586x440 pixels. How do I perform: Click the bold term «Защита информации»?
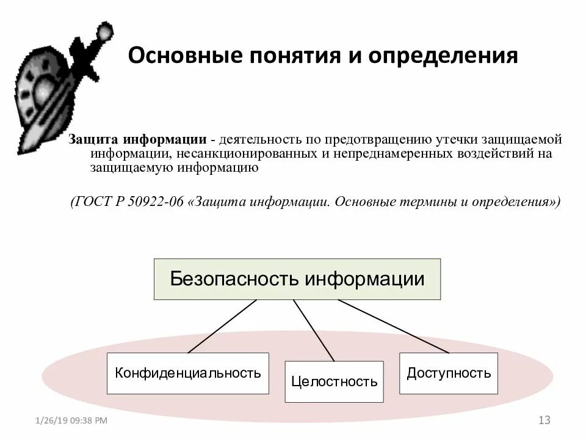pos(137,139)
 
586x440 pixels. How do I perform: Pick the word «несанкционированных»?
pos(247,153)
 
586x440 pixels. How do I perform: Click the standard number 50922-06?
pos(156,202)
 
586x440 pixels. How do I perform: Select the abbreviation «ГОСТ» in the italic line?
pos(92,202)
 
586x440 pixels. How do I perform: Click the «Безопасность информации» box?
pos(297,279)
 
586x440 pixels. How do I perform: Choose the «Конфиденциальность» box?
pos(188,373)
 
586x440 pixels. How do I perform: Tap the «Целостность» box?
pos(334,382)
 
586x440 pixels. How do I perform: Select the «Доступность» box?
pos(449,373)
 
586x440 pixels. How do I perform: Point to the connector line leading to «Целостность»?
pos(314,330)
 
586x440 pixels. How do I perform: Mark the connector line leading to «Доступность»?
pos(394,326)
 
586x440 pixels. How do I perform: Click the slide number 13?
pos(544,420)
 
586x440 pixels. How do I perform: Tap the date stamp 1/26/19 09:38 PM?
pos(71,421)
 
